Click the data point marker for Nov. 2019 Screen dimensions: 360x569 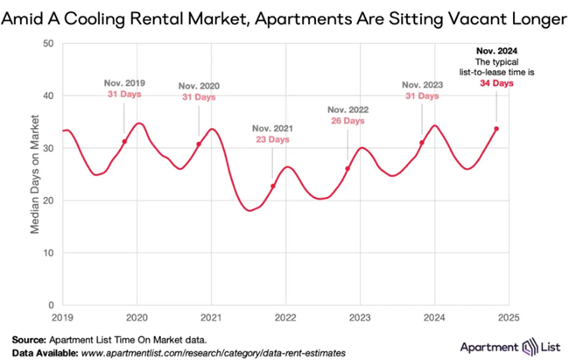(x=124, y=141)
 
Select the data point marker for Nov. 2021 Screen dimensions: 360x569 (x=273, y=186)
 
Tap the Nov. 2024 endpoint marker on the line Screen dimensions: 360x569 (x=496, y=129)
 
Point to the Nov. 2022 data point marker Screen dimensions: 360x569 (x=348, y=168)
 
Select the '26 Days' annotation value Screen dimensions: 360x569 (x=348, y=121)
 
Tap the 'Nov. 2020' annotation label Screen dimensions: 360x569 (x=199, y=86)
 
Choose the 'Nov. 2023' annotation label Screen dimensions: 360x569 (x=423, y=84)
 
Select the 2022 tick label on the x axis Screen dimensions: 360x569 (x=285, y=316)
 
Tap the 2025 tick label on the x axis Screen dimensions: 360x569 (x=509, y=316)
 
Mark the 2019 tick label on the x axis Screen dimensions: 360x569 (x=61, y=316)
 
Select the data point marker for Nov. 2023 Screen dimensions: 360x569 (x=422, y=143)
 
